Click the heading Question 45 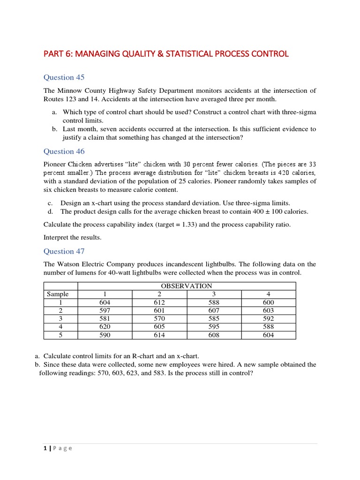point(64,77)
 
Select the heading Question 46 point(64,151)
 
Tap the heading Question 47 point(64,251)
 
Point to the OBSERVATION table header point(187,286)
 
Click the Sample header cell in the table point(58,294)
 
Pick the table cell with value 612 point(160,302)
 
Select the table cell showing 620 point(105,327)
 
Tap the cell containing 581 point(105,319)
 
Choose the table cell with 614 point(160,335)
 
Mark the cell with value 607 point(214,310)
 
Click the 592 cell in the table point(269,319)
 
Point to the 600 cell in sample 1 point(269,302)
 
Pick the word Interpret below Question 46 point(57,238)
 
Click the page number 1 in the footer point(45,448)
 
